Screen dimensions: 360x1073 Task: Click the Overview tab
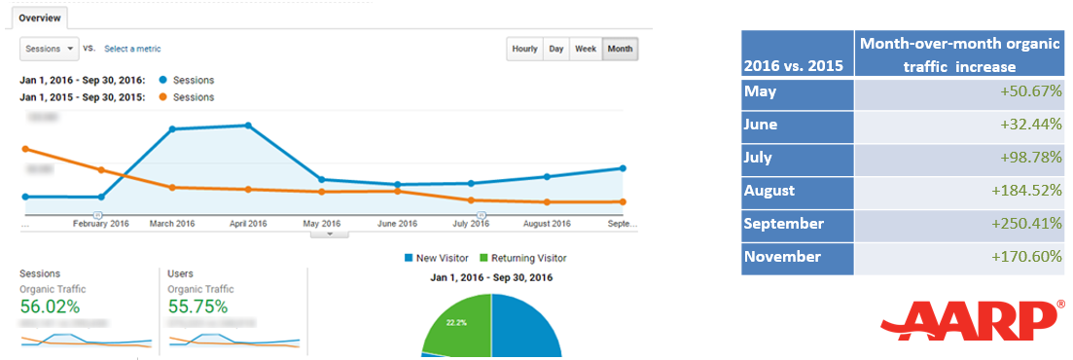coord(40,18)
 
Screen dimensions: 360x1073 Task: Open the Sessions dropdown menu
coord(50,48)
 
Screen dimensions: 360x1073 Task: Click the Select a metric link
coord(132,49)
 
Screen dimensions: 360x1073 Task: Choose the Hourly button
coord(524,49)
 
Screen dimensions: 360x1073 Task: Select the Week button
coord(586,49)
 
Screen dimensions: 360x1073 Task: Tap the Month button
coord(620,49)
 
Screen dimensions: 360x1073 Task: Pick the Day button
coord(555,49)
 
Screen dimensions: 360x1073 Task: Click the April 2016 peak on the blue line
coord(248,126)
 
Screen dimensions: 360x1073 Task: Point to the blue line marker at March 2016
coord(172,128)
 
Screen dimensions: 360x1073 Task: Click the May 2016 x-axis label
coord(321,224)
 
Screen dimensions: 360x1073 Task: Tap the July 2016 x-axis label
coord(471,224)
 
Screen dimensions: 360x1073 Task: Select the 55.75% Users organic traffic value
coord(197,306)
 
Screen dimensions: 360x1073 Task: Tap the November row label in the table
coord(782,257)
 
